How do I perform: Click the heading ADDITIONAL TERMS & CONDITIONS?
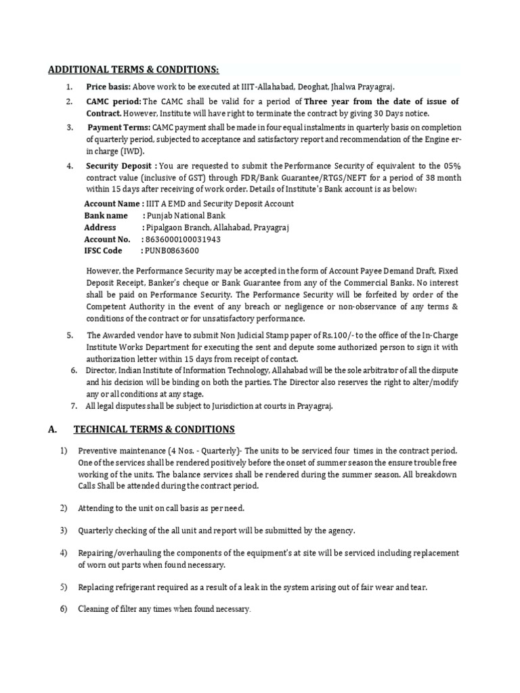[133, 70]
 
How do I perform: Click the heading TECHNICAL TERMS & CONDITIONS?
[154, 429]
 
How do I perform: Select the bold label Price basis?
[108, 87]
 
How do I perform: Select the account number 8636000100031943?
[181, 240]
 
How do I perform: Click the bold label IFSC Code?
[103, 251]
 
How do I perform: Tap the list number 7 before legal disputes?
[74, 406]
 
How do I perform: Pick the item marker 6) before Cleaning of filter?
[64, 609]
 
